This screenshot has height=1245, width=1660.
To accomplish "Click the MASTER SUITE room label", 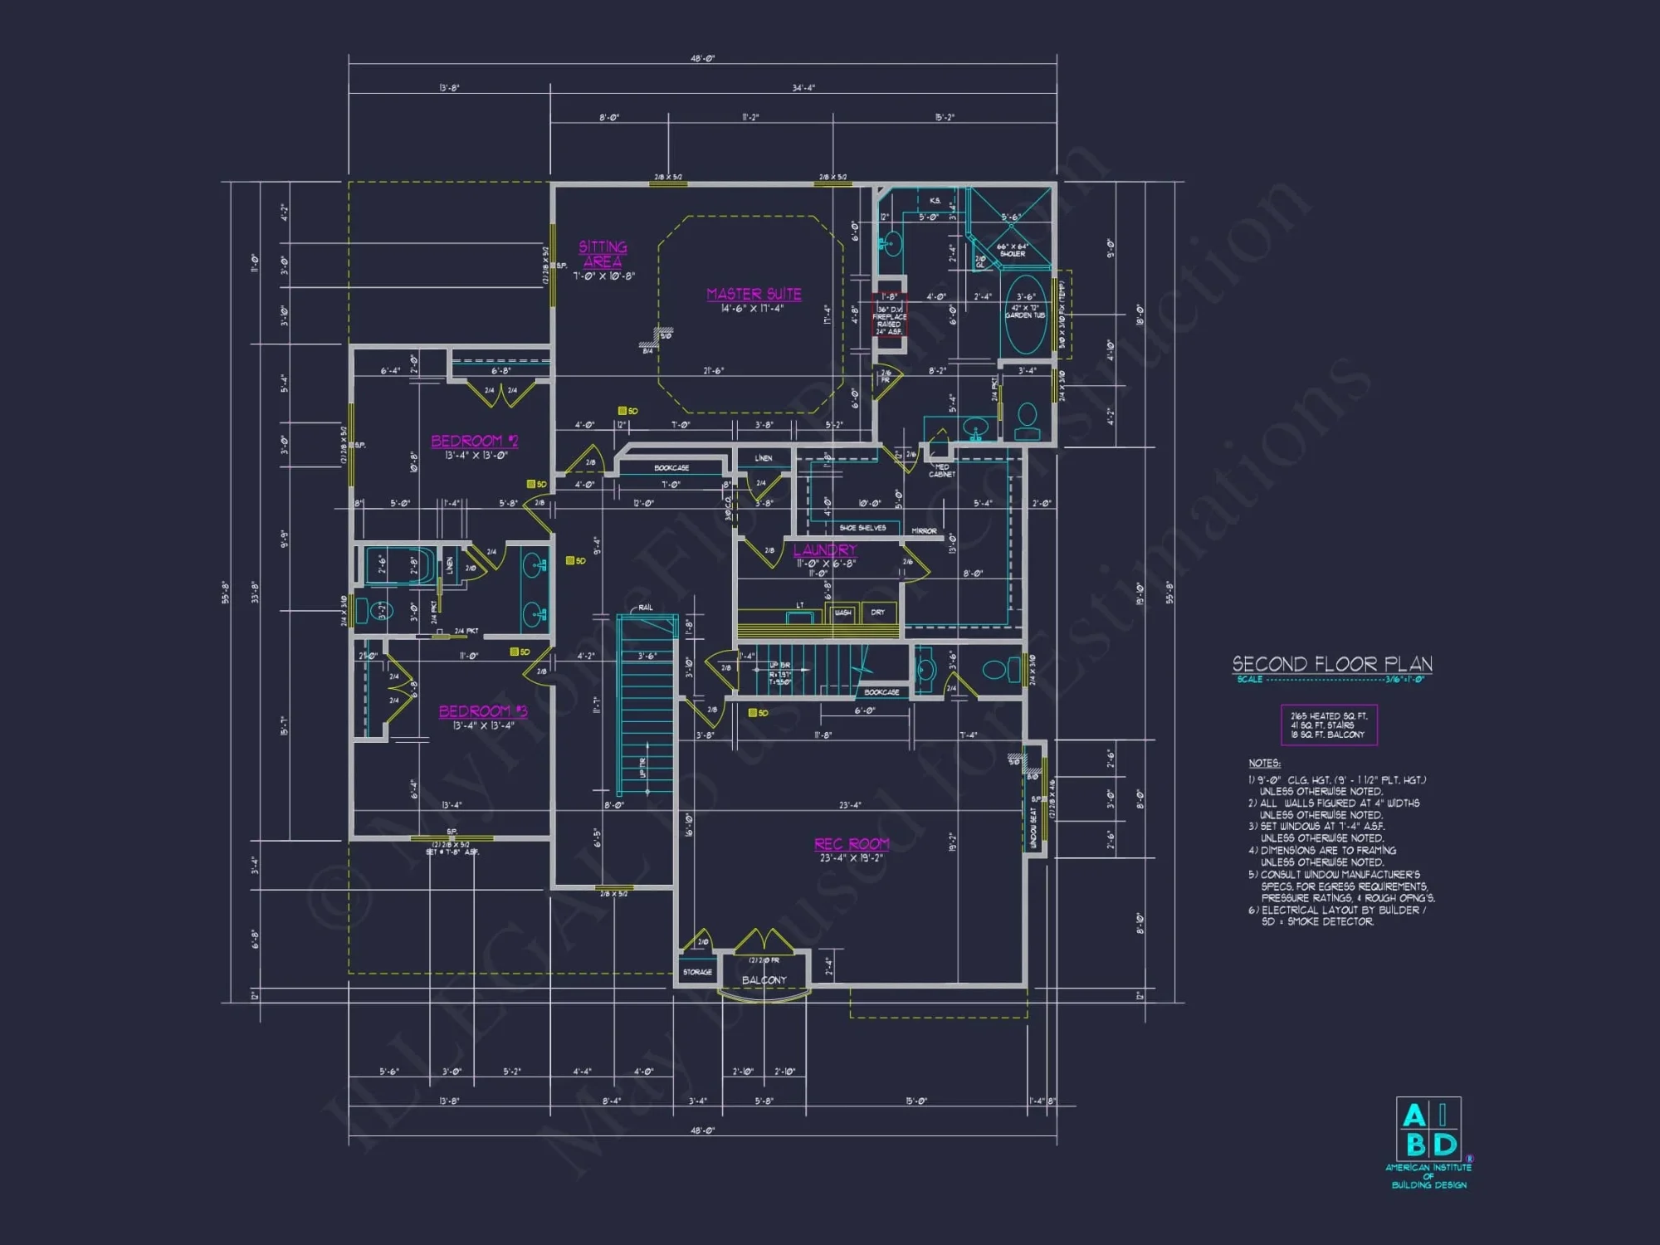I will pos(754,294).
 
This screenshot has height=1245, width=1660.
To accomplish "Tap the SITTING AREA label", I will pos(603,254).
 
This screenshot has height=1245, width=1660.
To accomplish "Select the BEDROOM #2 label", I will pos(474,441).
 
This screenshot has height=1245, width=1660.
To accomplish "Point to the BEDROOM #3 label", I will pos(482,711).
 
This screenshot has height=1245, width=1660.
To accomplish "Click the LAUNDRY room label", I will pos(824,550).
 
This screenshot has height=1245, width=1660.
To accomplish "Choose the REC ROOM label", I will pos(852,844).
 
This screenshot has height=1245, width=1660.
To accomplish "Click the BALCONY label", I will pos(764,980).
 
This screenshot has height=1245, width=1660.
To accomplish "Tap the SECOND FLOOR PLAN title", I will pos(1332,664).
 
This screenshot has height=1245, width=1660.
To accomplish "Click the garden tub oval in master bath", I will pos(1026,315).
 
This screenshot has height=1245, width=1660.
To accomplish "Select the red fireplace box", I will pos(889,315).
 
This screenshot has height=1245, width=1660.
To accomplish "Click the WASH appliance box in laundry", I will pos(842,613).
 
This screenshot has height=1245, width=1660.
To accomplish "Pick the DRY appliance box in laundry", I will pos(878,613).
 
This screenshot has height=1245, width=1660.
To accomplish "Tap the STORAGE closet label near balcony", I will pos(697,972).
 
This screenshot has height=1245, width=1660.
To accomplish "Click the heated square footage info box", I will pos(1328,725).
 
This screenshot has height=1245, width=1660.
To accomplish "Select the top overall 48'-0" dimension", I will pos(702,59).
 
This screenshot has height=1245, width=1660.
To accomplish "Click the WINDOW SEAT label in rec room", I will pos(1033,828).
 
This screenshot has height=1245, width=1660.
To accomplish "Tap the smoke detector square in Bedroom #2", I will pos(531,484).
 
